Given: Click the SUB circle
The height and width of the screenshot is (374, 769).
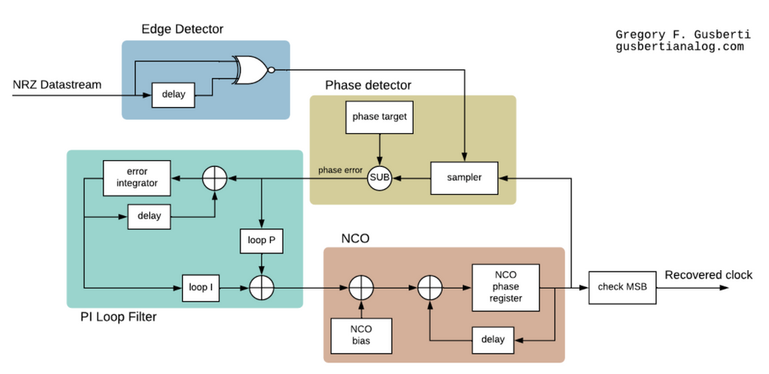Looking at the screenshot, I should [x=379, y=178].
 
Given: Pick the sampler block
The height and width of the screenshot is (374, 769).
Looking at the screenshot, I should [x=464, y=178].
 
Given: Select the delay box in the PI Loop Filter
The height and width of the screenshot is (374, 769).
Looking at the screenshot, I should [x=149, y=216].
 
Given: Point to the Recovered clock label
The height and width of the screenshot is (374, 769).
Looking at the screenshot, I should [x=708, y=275].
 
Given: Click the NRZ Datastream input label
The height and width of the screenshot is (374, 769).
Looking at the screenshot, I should [x=57, y=84].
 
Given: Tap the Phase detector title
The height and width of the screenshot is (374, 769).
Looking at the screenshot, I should [x=368, y=85].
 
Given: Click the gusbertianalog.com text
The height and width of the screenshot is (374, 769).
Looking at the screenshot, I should [x=679, y=46].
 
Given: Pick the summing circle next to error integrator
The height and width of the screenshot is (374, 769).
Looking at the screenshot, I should [x=214, y=178].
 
